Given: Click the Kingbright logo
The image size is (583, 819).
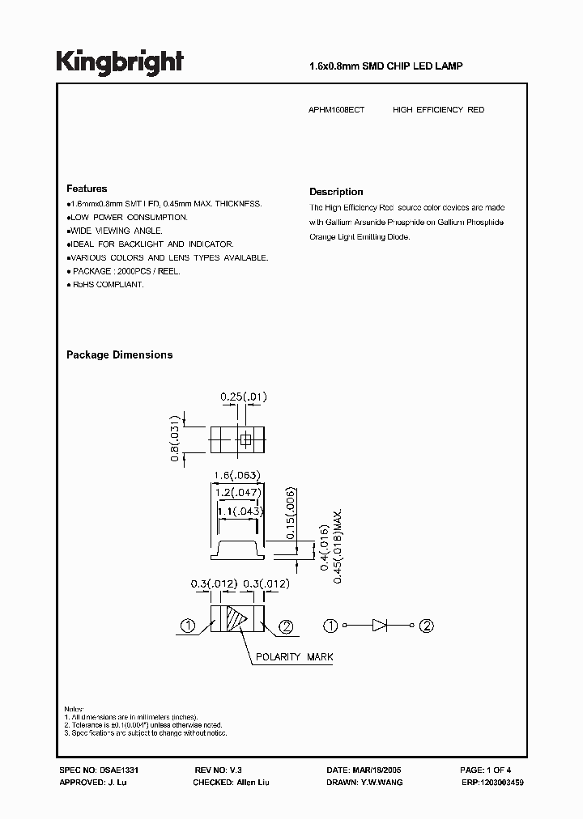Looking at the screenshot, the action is [120, 62].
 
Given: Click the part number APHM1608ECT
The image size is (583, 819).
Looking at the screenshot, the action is [337, 109].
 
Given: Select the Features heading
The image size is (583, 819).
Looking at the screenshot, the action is [87, 188].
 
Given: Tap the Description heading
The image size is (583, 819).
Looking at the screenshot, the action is [336, 192].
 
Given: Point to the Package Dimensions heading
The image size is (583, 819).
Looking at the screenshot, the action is [119, 354].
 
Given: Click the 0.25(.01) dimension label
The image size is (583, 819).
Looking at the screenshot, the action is [244, 397].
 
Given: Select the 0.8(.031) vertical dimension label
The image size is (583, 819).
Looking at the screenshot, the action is [174, 439].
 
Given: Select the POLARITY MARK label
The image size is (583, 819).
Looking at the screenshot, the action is [294, 657].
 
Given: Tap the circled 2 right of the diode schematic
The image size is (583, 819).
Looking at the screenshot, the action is [426, 625].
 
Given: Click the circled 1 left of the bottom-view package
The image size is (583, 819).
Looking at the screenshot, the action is [187, 625].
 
